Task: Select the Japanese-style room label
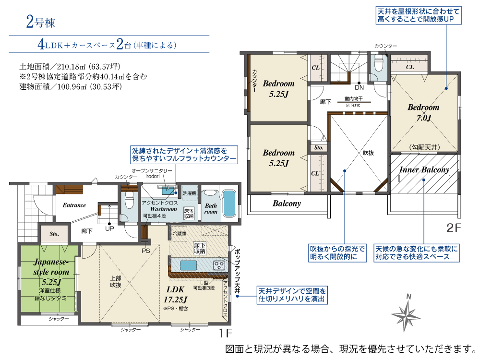(x=51, y=267)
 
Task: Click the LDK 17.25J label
(x=175, y=294)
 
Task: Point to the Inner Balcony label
(x=424, y=169)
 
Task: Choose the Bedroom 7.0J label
(x=424, y=112)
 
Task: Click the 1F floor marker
(x=225, y=333)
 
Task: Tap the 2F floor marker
(x=454, y=228)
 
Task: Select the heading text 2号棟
(x=40, y=22)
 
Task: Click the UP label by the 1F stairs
(x=109, y=228)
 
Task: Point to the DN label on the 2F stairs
(x=359, y=87)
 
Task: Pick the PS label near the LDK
(x=146, y=251)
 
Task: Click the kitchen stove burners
(x=219, y=265)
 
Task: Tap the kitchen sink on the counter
(x=188, y=265)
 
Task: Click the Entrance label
(x=74, y=205)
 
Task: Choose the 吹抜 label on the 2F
(x=368, y=153)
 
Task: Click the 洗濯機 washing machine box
(x=190, y=193)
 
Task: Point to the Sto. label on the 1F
(x=54, y=234)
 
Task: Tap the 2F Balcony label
(x=287, y=204)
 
